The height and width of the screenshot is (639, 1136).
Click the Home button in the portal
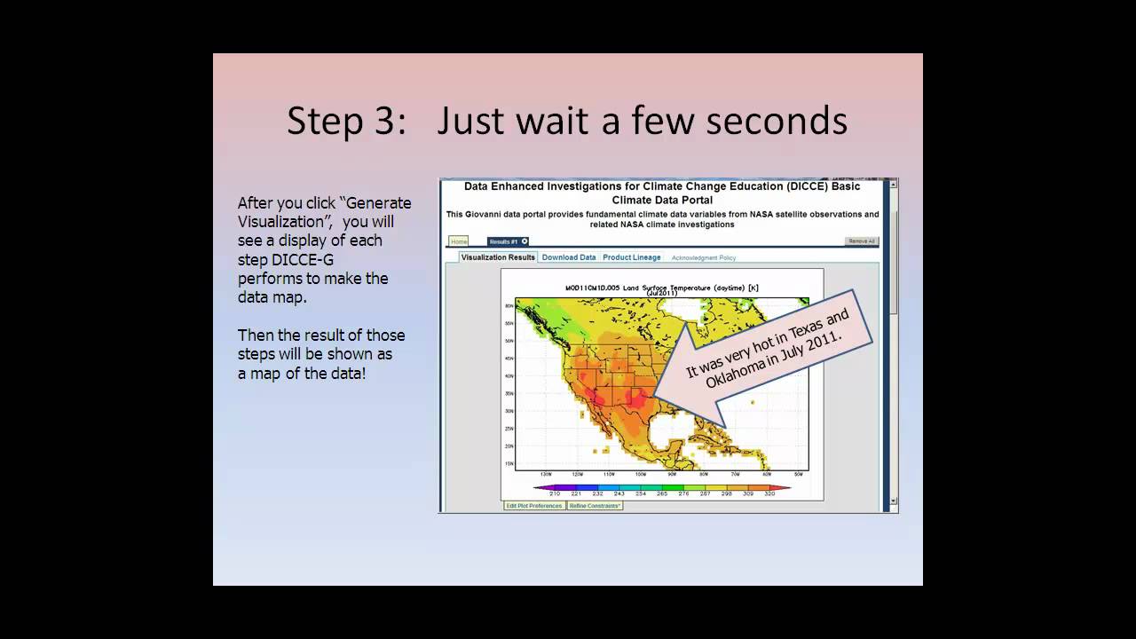pyautogui.click(x=459, y=241)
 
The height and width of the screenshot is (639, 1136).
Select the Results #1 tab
pyautogui.click(x=504, y=241)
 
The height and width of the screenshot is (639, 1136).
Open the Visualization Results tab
pyautogui.click(x=498, y=257)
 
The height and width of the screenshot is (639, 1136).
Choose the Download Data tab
pyautogui.click(x=569, y=257)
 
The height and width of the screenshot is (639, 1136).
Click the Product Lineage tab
pyautogui.click(x=632, y=257)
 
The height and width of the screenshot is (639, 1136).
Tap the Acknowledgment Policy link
pyautogui.click(x=704, y=257)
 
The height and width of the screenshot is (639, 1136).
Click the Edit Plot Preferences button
pyautogui.click(x=533, y=506)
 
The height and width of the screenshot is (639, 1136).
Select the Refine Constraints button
pyautogui.click(x=595, y=506)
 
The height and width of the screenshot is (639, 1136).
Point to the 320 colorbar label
pyautogui.click(x=769, y=493)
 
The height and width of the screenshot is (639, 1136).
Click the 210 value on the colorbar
pyautogui.click(x=555, y=493)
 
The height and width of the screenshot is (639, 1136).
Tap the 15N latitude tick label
pyautogui.click(x=509, y=463)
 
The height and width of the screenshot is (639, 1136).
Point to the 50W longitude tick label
pyautogui.click(x=799, y=475)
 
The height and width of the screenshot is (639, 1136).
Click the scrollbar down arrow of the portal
pyautogui.click(x=893, y=501)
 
